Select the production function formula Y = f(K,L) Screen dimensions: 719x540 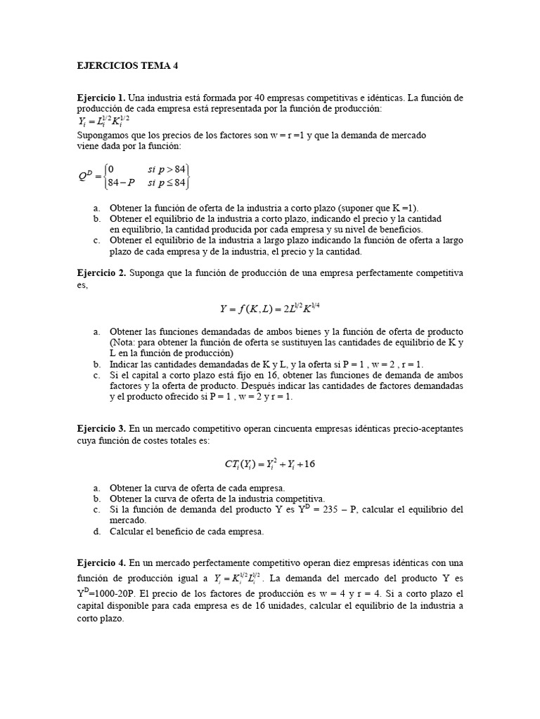pyautogui.click(x=270, y=308)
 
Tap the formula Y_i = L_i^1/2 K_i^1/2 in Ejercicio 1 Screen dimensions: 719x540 pyautogui.click(x=103, y=121)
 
